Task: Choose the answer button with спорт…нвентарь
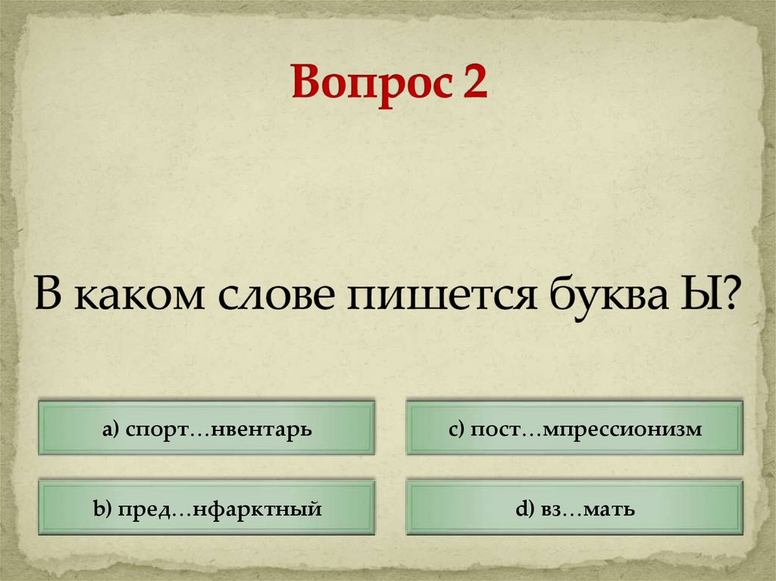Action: click(207, 429)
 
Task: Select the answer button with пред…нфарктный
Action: click(207, 508)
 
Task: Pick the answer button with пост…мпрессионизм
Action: click(574, 429)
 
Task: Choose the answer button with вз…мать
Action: click(574, 508)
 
